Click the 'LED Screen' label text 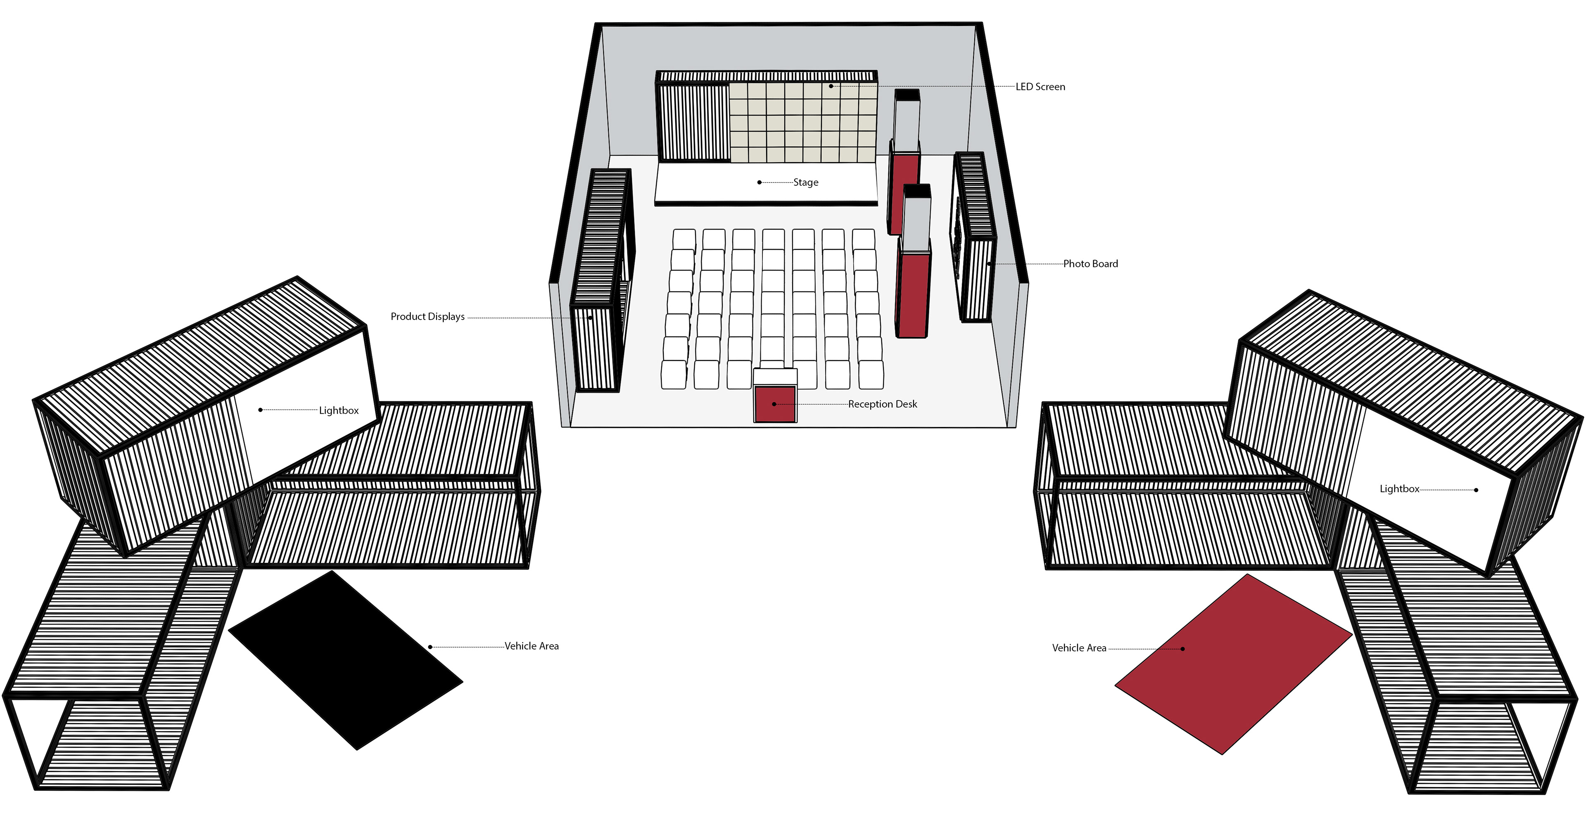click(x=1040, y=87)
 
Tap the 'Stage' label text click(x=805, y=182)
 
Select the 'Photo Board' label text click(x=1090, y=263)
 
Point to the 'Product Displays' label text click(x=427, y=316)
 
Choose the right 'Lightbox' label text click(x=1399, y=489)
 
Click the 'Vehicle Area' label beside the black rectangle click(x=531, y=646)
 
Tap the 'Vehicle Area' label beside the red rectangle click(x=1079, y=648)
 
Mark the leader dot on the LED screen click(x=831, y=86)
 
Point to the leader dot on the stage click(x=759, y=182)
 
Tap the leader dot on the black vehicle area click(x=430, y=647)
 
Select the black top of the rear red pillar click(x=906, y=95)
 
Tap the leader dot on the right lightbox click(x=1476, y=490)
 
